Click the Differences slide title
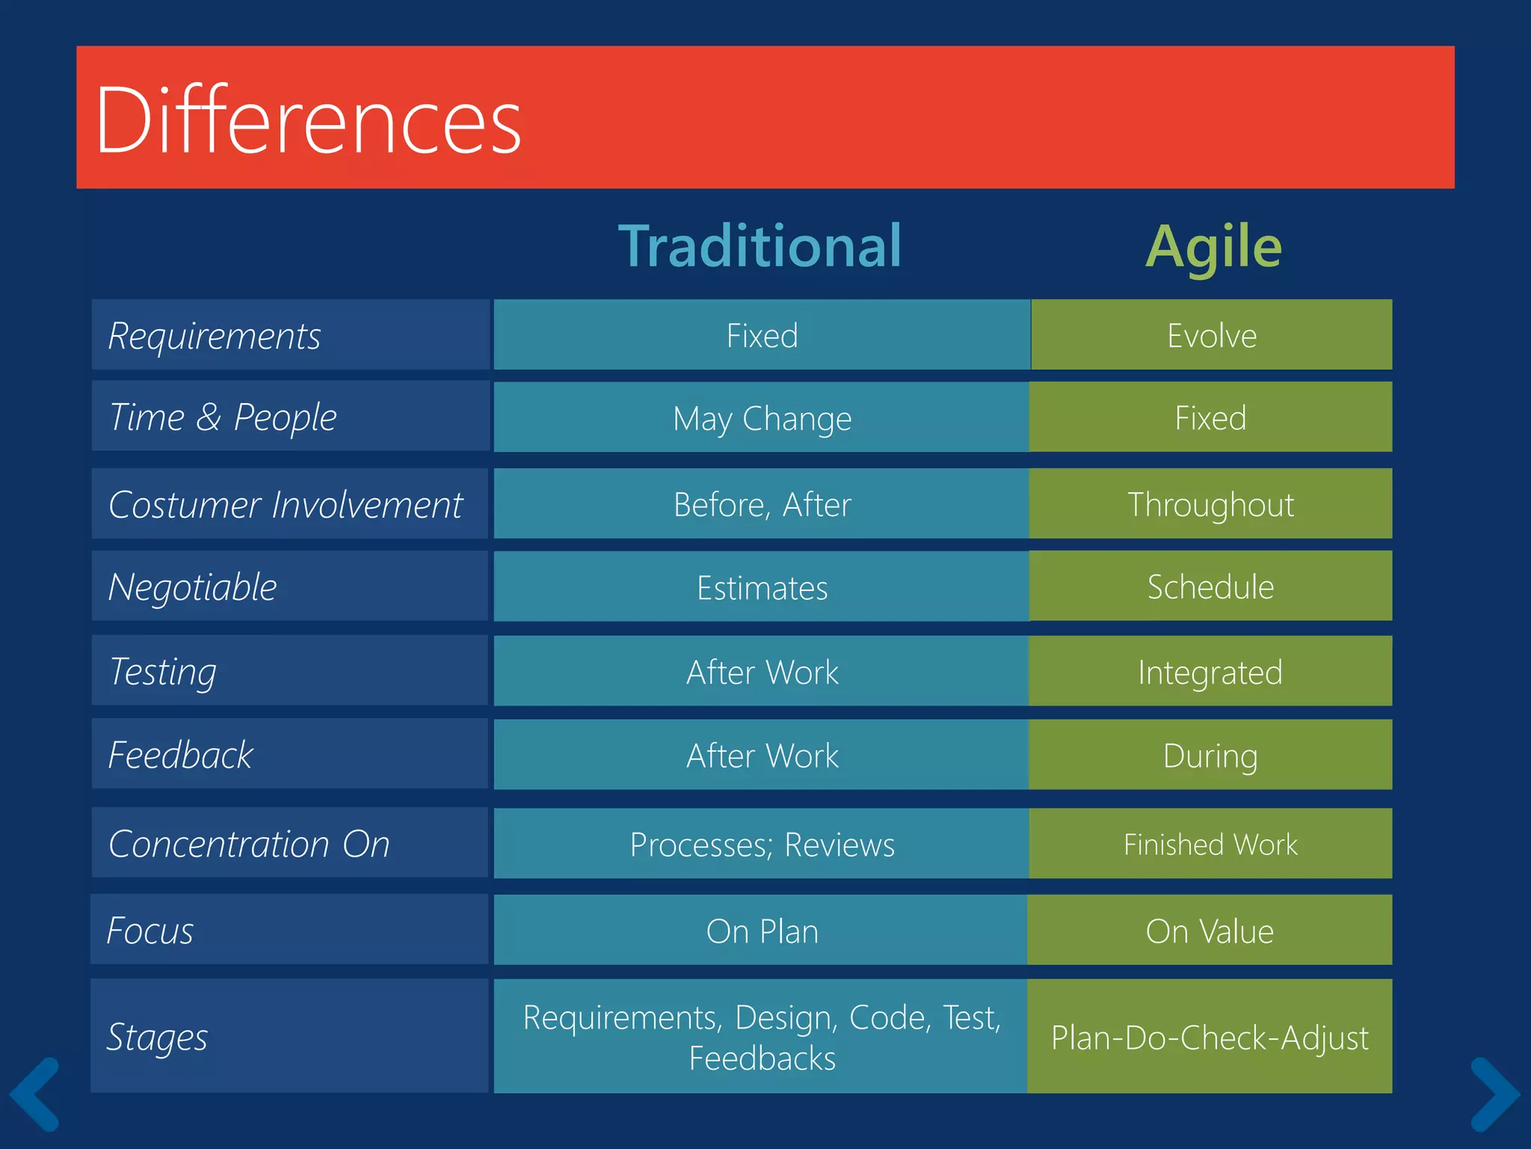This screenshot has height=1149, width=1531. pyautogui.click(x=308, y=120)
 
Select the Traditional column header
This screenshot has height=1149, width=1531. pyautogui.click(x=760, y=246)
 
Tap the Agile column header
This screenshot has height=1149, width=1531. pyautogui.click(x=1213, y=248)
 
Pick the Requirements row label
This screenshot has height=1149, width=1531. pyautogui.click(x=215, y=336)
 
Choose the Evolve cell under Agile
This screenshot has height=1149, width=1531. pyautogui.click(x=1211, y=335)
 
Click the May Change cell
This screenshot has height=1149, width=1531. pyautogui.click(x=762, y=418)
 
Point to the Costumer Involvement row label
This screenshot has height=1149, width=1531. pyautogui.click(x=286, y=504)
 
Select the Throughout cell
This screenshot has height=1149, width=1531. pyautogui.click(x=1210, y=504)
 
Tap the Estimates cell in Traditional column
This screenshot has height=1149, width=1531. pyautogui.click(x=762, y=587)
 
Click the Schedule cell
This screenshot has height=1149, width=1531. pyautogui.click(x=1210, y=586)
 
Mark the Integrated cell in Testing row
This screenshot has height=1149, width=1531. pyautogui.click(x=1210, y=672)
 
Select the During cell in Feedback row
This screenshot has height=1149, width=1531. pyautogui.click(x=1210, y=756)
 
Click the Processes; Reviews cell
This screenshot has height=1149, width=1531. pyautogui.click(x=762, y=845)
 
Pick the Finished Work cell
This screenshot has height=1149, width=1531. pyautogui.click(x=1210, y=844)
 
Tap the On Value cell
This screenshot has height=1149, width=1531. pyautogui.click(x=1210, y=931)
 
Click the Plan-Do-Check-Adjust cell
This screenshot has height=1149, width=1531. pyautogui.click(x=1210, y=1037)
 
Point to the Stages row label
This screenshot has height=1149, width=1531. pyautogui.click(x=157, y=1037)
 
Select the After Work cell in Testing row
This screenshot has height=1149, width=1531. pyautogui.click(x=762, y=672)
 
